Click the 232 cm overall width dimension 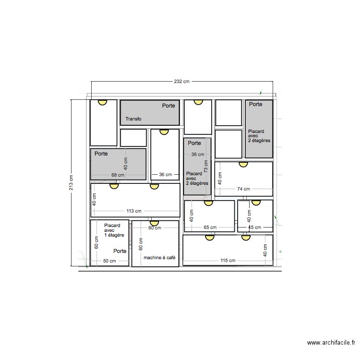[181, 82]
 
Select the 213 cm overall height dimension [71, 182]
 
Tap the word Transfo [133, 119]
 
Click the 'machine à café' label [159, 258]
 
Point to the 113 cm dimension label [134, 211]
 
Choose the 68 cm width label [117, 175]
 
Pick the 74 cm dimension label [243, 189]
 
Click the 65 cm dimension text [210, 228]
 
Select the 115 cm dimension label [228, 261]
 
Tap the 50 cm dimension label [109, 261]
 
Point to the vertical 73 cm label [205, 167]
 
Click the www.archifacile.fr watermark [331, 343]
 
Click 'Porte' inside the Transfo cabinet [168, 105]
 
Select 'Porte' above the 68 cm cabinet [101, 154]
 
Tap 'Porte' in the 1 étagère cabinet [120, 251]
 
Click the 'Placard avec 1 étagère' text [114, 230]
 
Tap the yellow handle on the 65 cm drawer [208, 203]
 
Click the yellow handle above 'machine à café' [154, 222]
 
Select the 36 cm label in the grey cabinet [198, 155]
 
